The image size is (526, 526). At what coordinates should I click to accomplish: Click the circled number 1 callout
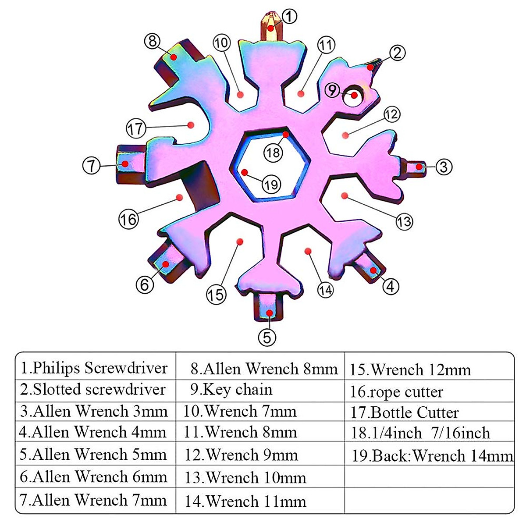coord(288,17)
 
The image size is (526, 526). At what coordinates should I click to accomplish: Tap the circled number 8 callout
coord(152,41)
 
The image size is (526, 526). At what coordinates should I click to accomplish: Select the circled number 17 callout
coord(135,129)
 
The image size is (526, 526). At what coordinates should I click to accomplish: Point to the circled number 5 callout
coord(267,337)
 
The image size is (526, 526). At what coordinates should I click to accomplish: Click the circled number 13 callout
coord(404,221)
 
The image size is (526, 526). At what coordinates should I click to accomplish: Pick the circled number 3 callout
coord(444,167)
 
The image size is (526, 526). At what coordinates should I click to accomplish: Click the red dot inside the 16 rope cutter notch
coord(179,198)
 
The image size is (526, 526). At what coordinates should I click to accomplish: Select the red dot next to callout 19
coord(244,172)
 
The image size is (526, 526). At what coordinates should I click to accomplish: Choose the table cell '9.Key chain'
coord(232,389)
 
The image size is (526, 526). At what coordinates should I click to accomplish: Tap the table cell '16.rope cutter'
coord(397,391)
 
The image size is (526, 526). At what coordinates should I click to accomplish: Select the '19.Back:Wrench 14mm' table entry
coord(432,456)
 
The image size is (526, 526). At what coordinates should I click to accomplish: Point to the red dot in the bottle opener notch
coord(191,125)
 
